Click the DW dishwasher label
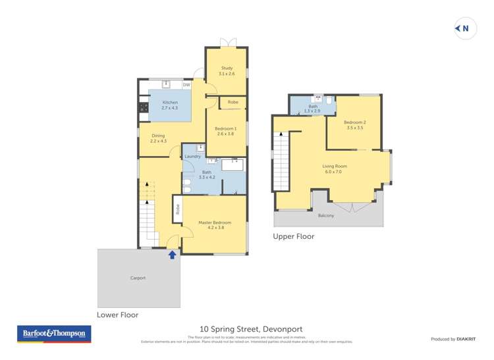[x=186, y=85]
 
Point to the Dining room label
[x=158, y=138]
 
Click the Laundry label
[x=192, y=156]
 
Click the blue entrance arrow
[x=172, y=254]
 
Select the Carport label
[x=138, y=278]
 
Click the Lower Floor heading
[x=118, y=315]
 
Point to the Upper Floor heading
[x=294, y=236]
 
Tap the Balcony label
[x=325, y=215]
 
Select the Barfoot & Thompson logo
[x=54, y=334]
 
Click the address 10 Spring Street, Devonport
[x=251, y=329]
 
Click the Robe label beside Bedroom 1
[x=233, y=102]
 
